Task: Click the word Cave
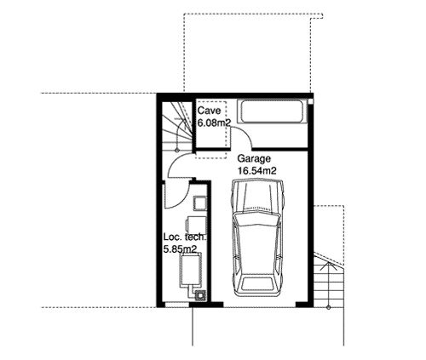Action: [209, 111]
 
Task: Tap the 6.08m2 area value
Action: [214, 123]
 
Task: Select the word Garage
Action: [254, 159]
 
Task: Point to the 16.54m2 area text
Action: [257, 171]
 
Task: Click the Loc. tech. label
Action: [184, 237]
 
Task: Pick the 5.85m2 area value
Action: [180, 249]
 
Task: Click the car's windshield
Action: [257, 219]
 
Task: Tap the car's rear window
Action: [258, 283]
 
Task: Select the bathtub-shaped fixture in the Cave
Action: [272, 111]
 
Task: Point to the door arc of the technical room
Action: [183, 199]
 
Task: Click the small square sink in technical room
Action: [200, 203]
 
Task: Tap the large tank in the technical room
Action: [190, 270]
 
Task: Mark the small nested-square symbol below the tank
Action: [200, 295]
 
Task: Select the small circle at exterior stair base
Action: [329, 307]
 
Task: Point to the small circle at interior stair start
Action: [177, 150]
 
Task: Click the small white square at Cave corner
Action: [311, 101]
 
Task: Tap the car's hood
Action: [258, 196]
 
